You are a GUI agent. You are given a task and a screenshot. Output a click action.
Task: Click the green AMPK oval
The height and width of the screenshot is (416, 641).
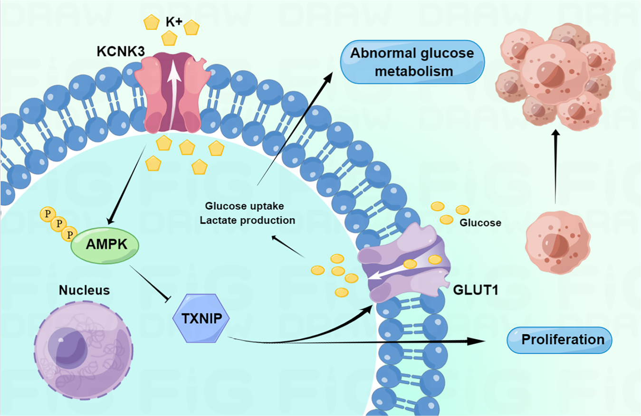click(x=105, y=245)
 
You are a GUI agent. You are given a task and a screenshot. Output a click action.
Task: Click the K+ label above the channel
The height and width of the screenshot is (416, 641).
click(x=172, y=22)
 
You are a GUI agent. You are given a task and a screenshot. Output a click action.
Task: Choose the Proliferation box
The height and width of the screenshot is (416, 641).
click(x=559, y=340)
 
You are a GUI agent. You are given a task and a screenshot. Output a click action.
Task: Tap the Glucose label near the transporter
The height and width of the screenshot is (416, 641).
click(x=480, y=222)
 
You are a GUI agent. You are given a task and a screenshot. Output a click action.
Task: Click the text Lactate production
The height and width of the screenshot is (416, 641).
click(x=247, y=220)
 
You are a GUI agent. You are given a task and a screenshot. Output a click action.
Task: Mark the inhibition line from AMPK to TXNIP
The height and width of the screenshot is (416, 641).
click(x=149, y=283)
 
